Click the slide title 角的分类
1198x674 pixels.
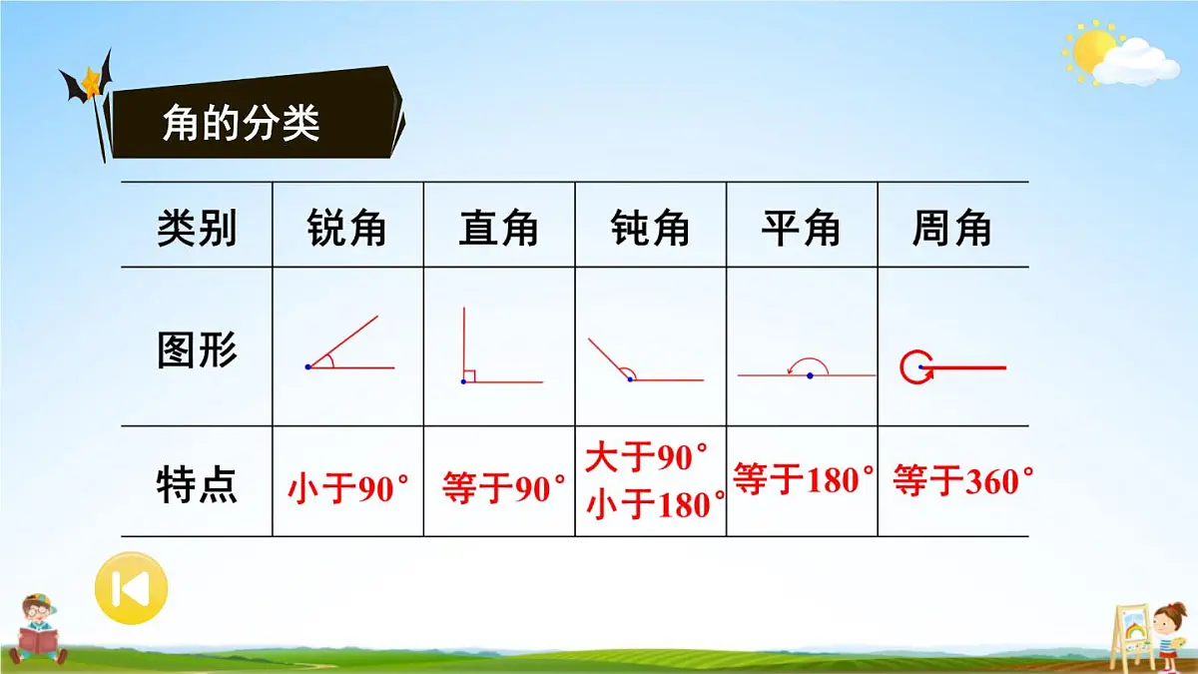click(241, 124)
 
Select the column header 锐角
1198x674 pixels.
click(346, 230)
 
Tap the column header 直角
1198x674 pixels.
click(498, 230)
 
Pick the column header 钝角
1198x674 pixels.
click(650, 230)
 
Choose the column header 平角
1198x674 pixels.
click(801, 230)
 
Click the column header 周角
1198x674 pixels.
click(951, 230)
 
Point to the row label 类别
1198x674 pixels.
click(197, 230)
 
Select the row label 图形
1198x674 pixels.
click(197, 350)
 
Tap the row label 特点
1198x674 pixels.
click(197, 485)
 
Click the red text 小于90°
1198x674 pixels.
click(348, 489)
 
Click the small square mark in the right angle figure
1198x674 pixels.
click(470, 376)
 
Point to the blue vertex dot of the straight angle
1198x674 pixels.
click(810, 375)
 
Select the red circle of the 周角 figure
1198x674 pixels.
click(912, 368)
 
